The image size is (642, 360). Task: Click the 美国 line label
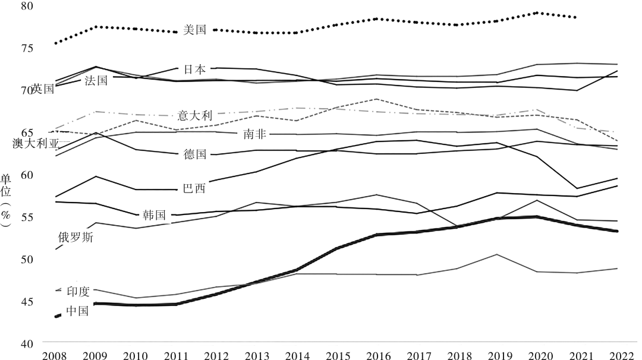pos(195,30)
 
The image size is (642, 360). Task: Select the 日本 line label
pos(195,70)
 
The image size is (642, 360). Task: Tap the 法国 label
pos(97,80)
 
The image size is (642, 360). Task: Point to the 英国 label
pos(43,89)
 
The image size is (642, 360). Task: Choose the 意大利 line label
pos(195,115)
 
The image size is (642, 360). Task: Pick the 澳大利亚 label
pos(36,144)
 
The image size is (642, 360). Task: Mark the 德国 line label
pos(195,154)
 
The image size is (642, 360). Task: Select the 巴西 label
pos(195,189)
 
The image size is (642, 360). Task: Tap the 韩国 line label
pos(154,215)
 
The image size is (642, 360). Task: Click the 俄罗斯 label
pos(75,236)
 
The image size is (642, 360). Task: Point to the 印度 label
pos(78,291)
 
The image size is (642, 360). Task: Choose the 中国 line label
pos(77,310)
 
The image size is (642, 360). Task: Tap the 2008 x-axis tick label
pos(55,355)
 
